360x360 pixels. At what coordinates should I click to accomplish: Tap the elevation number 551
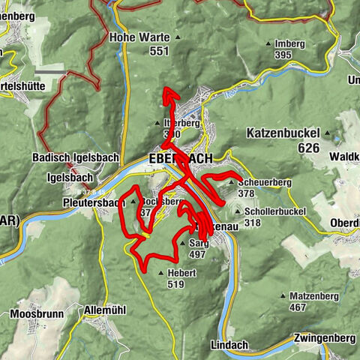tap(159, 50)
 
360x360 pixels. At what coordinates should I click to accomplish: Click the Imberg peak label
tap(289, 43)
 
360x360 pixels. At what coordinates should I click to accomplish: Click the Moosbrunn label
tap(35, 313)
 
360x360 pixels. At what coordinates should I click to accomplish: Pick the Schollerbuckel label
tap(274, 212)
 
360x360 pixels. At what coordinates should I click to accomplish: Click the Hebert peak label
tap(181, 274)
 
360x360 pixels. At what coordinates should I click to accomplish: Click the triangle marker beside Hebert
tap(162, 274)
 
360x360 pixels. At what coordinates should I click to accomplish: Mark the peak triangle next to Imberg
tap(268, 43)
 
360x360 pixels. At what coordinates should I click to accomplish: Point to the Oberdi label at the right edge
tap(344, 223)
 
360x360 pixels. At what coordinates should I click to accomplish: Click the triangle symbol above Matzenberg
tap(283, 296)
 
